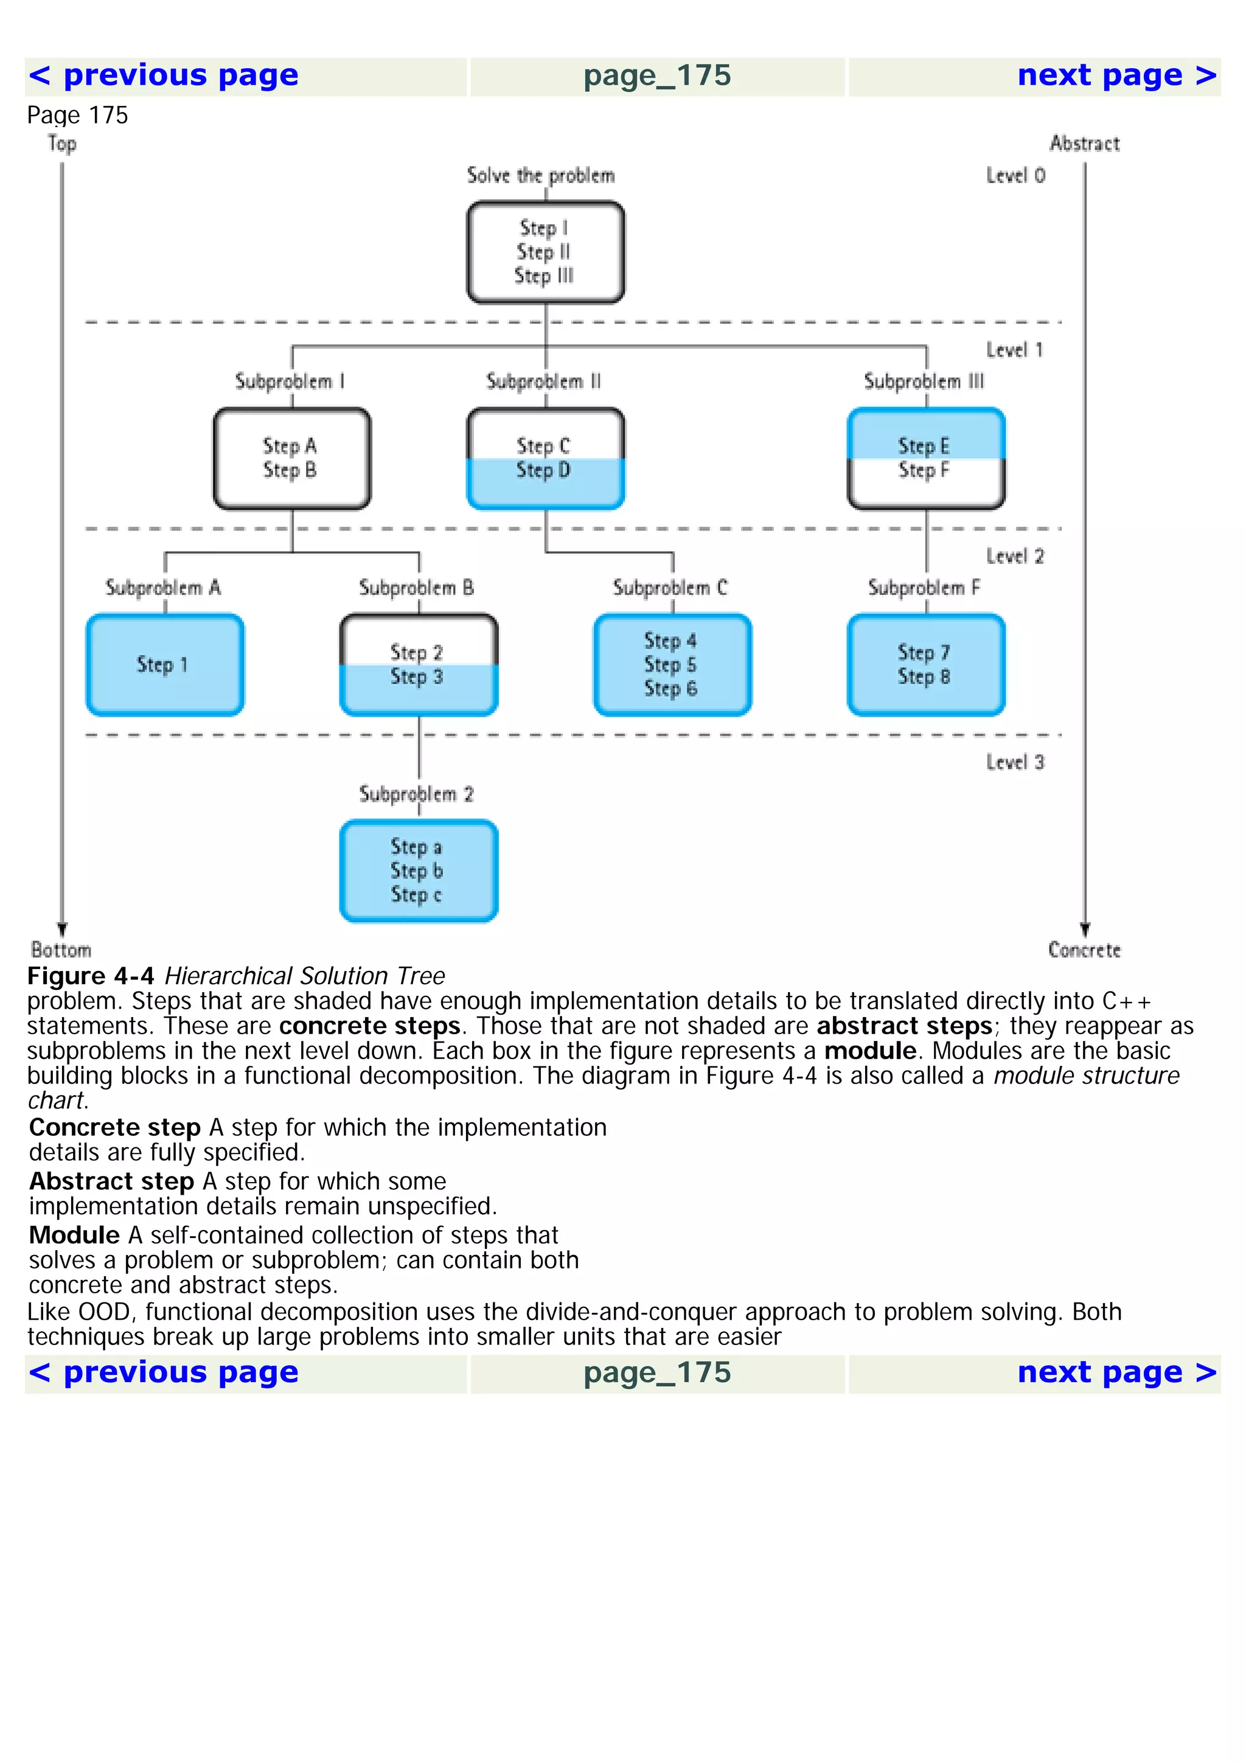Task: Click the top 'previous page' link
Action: click(163, 76)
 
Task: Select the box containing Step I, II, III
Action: click(545, 252)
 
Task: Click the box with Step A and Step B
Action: click(292, 459)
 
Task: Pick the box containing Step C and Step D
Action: click(545, 459)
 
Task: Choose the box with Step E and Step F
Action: click(926, 459)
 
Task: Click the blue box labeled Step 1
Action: click(165, 665)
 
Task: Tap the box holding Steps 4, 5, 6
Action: click(672, 665)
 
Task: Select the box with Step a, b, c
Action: click(419, 871)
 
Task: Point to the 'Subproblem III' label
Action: click(924, 381)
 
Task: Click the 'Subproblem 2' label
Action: click(416, 794)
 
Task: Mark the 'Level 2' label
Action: click(1015, 557)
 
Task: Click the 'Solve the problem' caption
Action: click(540, 176)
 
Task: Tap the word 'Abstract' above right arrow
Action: click(1084, 144)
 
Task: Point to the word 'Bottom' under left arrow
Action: click(61, 951)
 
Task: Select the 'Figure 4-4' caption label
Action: click(91, 976)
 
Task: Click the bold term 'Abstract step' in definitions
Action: click(111, 1181)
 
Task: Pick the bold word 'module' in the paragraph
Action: click(870, 1051)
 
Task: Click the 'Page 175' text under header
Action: click(77, 115)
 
